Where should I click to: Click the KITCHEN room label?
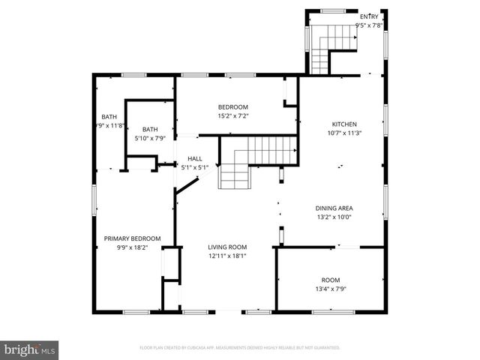click(x=344, y=124)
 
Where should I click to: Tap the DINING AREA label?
click(x=334, y=208)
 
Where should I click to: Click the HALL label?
click(x=195, y=159)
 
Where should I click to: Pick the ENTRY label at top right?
click(x=369, y=16)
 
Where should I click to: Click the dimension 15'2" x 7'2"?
click(x=232, y=116)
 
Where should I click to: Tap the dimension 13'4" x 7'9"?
click(x=331, y=289)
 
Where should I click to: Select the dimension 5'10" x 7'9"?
click(x=150, y=138)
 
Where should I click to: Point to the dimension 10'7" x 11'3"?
click(x=344, y=133)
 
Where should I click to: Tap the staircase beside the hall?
click(x=247, y=161)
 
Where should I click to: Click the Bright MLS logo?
click(x=30, y=349)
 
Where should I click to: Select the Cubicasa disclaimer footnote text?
click(x=240, y=348)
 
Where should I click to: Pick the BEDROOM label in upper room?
click(x=232, y=107)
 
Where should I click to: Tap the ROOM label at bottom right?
click(x=331, y=280)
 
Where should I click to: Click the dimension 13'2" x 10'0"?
click(x=334, y=217)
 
